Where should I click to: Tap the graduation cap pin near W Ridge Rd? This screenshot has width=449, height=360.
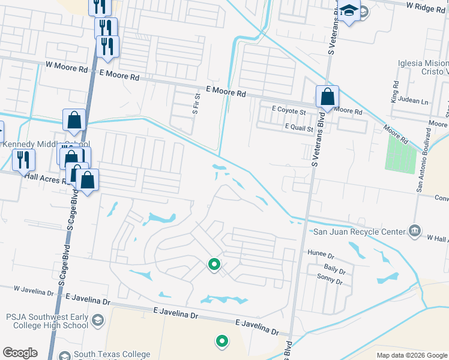(x=349, y=11)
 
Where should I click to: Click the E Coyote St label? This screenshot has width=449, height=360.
(x=289, y=110)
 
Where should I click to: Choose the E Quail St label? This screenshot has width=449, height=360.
(x=292, y=128)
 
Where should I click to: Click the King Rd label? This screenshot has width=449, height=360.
(x=396, y=91)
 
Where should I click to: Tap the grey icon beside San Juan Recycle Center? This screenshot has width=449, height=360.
(x=414, y=231)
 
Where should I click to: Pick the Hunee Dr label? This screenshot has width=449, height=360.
(x=319, y=254)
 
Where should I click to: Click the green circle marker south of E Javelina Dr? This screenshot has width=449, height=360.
(x=222, y=341)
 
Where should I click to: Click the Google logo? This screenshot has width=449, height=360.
(x=20, y=353)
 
